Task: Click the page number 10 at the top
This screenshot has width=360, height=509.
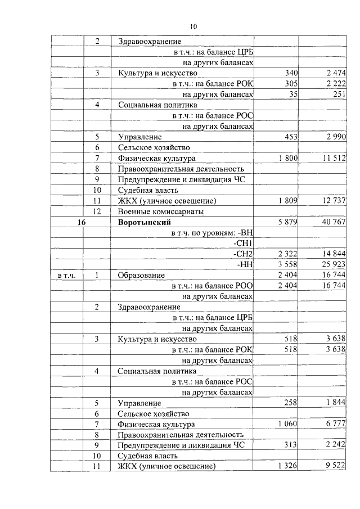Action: (x=193, y=26)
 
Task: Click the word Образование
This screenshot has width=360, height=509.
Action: (x=141, y=275)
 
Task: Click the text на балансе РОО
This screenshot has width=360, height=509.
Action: (x=213, y=286)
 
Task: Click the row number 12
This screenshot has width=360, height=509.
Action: (x=97, y=211)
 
